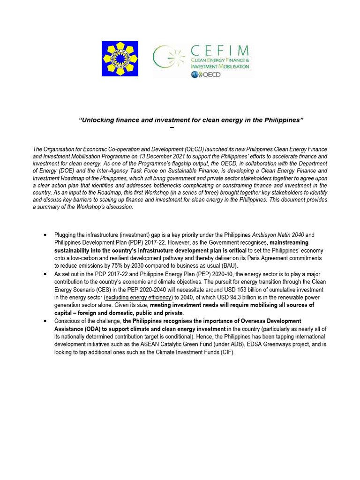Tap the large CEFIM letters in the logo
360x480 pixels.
[x=220, y=51]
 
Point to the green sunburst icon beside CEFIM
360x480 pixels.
[x=171, y=59]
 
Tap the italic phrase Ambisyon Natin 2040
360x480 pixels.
[x=276, y=234]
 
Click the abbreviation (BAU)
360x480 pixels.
[x=227, y=265]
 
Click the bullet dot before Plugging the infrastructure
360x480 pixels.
[x=44, y=234]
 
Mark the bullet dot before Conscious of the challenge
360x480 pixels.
[x=44, y=321]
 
